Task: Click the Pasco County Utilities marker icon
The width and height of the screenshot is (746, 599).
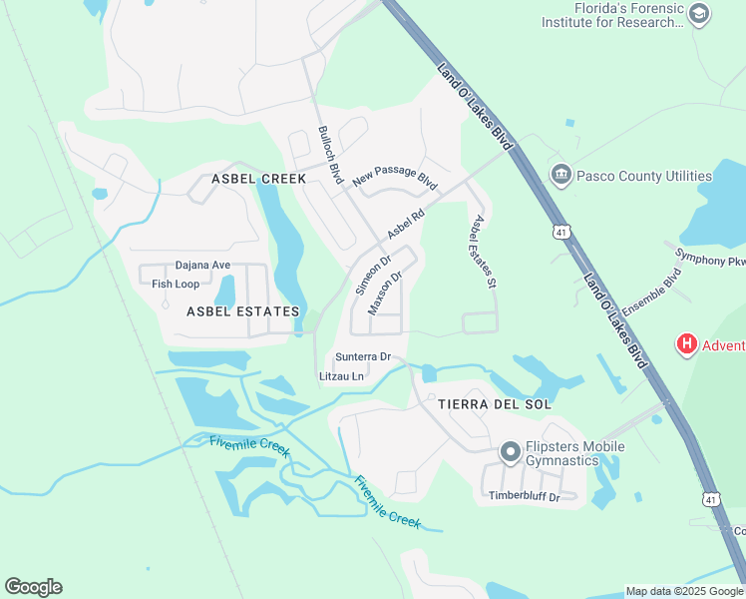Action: tap(560, 176)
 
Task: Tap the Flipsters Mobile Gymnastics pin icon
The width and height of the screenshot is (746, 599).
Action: tap(511, 453)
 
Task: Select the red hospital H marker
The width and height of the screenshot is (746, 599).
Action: tap(686, 345)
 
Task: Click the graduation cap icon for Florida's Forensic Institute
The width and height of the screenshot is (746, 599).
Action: tap(699, 13)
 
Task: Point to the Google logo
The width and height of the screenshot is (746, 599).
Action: tap(33, 587)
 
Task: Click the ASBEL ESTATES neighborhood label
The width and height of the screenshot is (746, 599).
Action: tap(242, 311)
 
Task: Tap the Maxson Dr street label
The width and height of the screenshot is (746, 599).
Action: tap(384, 293)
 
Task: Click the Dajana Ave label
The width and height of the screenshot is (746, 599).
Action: tap(202, 266)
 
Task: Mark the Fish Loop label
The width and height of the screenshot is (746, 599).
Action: tap(176, 284)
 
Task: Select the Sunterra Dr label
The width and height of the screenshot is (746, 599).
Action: tap(362, 356)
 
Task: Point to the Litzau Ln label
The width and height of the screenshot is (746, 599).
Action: tap(341, 376)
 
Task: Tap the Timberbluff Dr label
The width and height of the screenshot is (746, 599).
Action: tap(524, 496)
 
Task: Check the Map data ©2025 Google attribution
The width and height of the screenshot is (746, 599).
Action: tap(684, 591)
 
